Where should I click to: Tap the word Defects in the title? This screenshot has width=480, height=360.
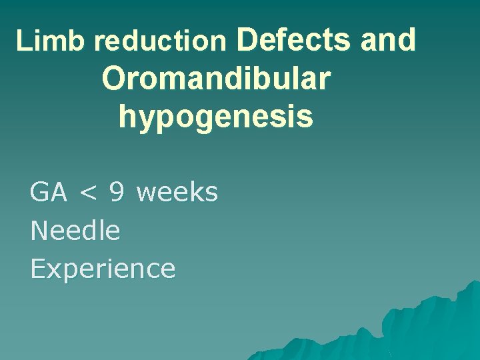[293, 39]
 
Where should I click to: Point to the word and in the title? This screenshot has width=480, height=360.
[388, 39]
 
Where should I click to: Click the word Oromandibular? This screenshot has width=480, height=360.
[216, 79]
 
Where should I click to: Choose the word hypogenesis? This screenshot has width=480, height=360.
[216, 117]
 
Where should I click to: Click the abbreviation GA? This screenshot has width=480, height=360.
[49, 193]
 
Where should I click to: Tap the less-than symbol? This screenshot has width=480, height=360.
[89, 194]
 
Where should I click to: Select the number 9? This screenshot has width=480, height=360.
[117, 193]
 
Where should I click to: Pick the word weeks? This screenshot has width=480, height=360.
[177, 193]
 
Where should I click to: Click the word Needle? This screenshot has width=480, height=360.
[75, 231]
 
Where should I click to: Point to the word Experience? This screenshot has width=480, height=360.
[103, 269]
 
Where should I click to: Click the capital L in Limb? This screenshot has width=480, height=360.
[23, 42]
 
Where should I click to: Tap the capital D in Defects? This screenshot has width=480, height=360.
[247, 39]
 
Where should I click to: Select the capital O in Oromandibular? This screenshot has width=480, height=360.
[114, 79]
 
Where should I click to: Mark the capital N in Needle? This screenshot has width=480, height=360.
[39, 231]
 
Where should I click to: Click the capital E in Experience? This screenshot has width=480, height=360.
[37, 268]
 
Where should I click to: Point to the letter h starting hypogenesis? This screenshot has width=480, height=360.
[127, 116]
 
